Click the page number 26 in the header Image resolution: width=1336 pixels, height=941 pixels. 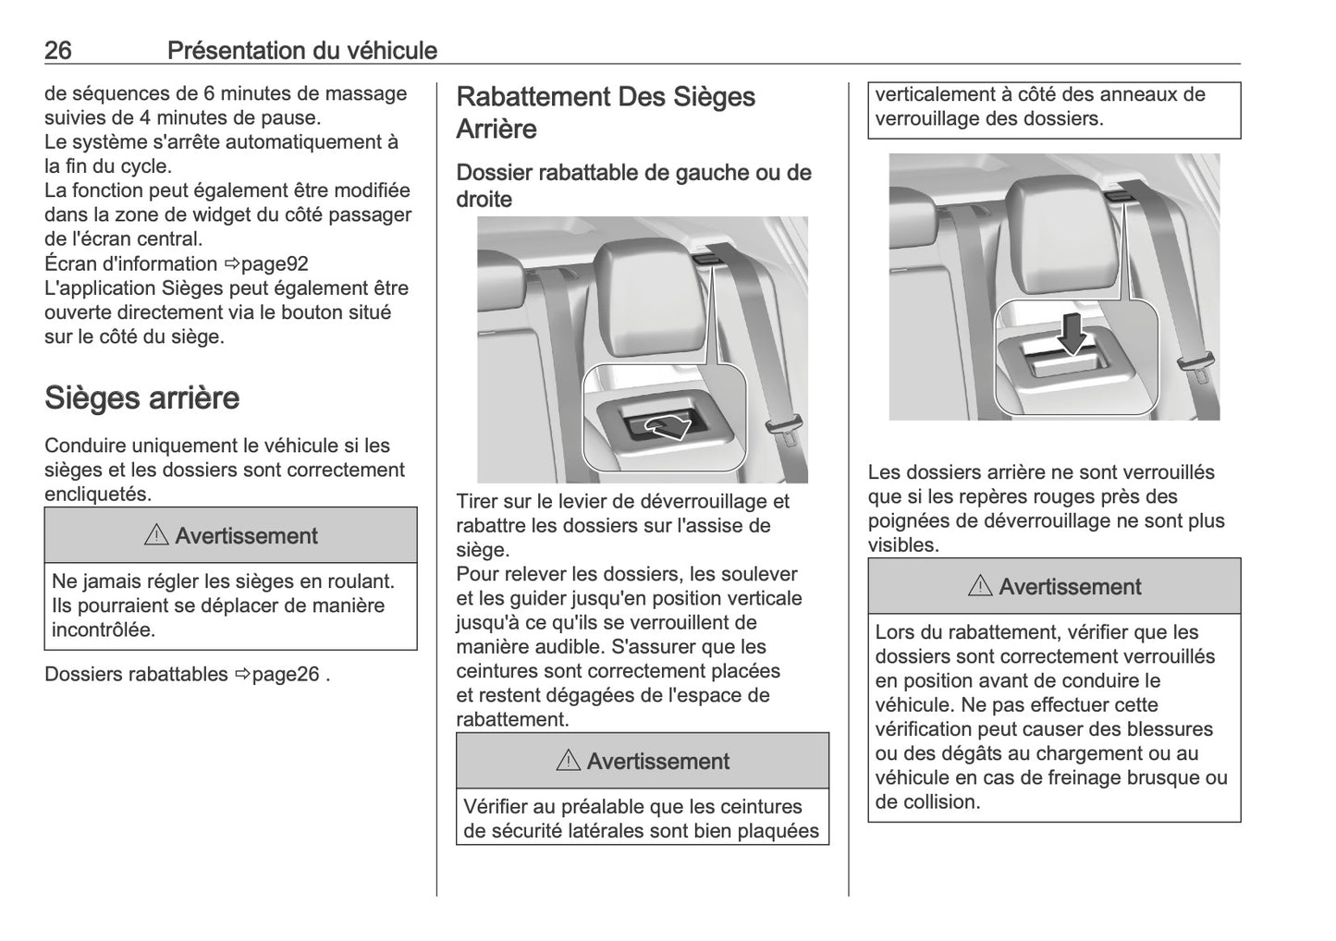57,50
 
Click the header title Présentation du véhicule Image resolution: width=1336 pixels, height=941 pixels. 301,50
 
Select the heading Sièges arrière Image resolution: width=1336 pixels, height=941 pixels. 141,398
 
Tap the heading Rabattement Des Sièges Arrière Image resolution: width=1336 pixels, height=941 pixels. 606,112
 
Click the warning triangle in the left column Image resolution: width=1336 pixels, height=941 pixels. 156,535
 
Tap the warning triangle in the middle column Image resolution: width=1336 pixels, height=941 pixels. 569,761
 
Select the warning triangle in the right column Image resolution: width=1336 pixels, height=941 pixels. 981,586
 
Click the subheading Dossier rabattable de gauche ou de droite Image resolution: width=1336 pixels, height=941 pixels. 633,185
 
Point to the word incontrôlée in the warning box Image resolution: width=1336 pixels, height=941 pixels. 104,630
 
